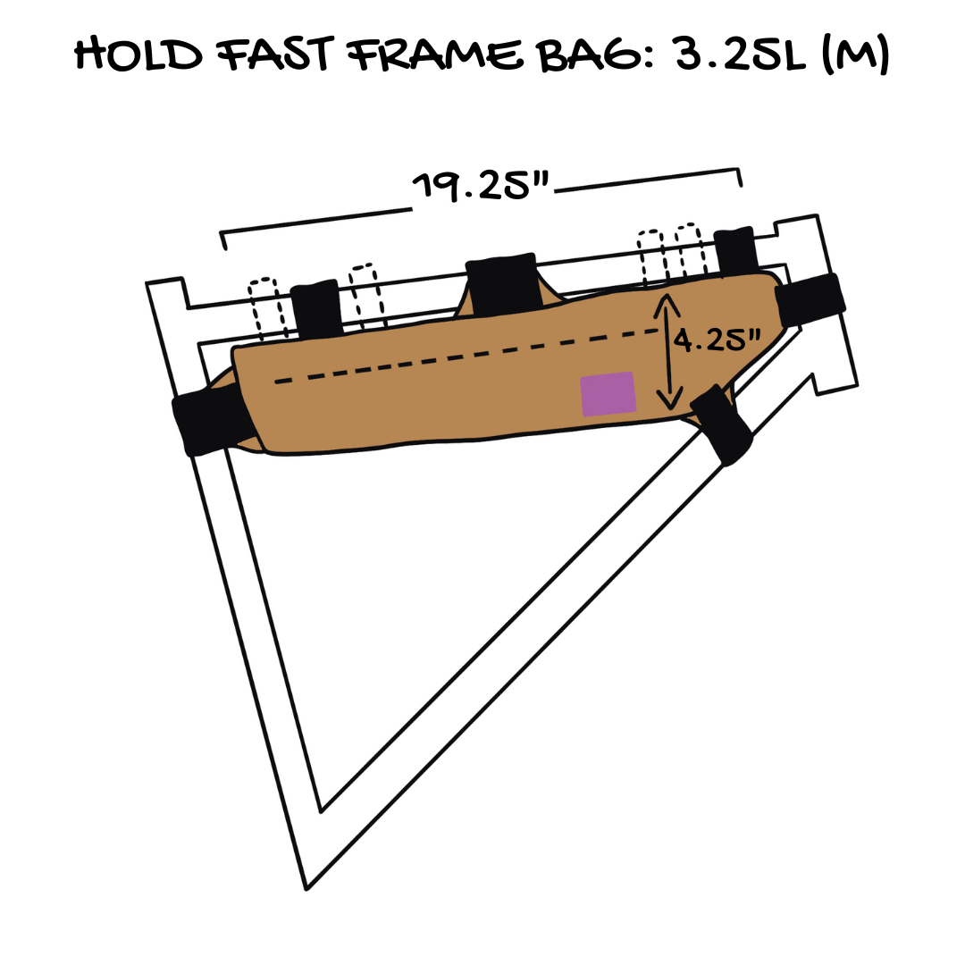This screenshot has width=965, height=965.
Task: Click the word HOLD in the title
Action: click(138, 55)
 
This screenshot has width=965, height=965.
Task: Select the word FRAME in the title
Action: click(435, 55)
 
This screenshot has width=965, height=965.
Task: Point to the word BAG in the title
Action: click(595, 55)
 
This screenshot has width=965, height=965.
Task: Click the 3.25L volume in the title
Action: click(741, 55)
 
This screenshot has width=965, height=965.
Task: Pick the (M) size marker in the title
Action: click(855, 55)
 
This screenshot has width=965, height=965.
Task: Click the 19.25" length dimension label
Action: click(480, 186)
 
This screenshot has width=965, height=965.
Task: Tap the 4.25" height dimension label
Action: click(717, 340)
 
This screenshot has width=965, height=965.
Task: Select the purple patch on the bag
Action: click(608, 394)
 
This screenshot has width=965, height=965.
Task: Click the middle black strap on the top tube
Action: click(502, 284)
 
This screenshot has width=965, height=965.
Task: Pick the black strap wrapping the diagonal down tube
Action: click(721, 424)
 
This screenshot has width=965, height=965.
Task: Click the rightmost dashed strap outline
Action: click(690, 251)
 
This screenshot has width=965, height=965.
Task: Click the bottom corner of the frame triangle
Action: click(306, 889)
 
